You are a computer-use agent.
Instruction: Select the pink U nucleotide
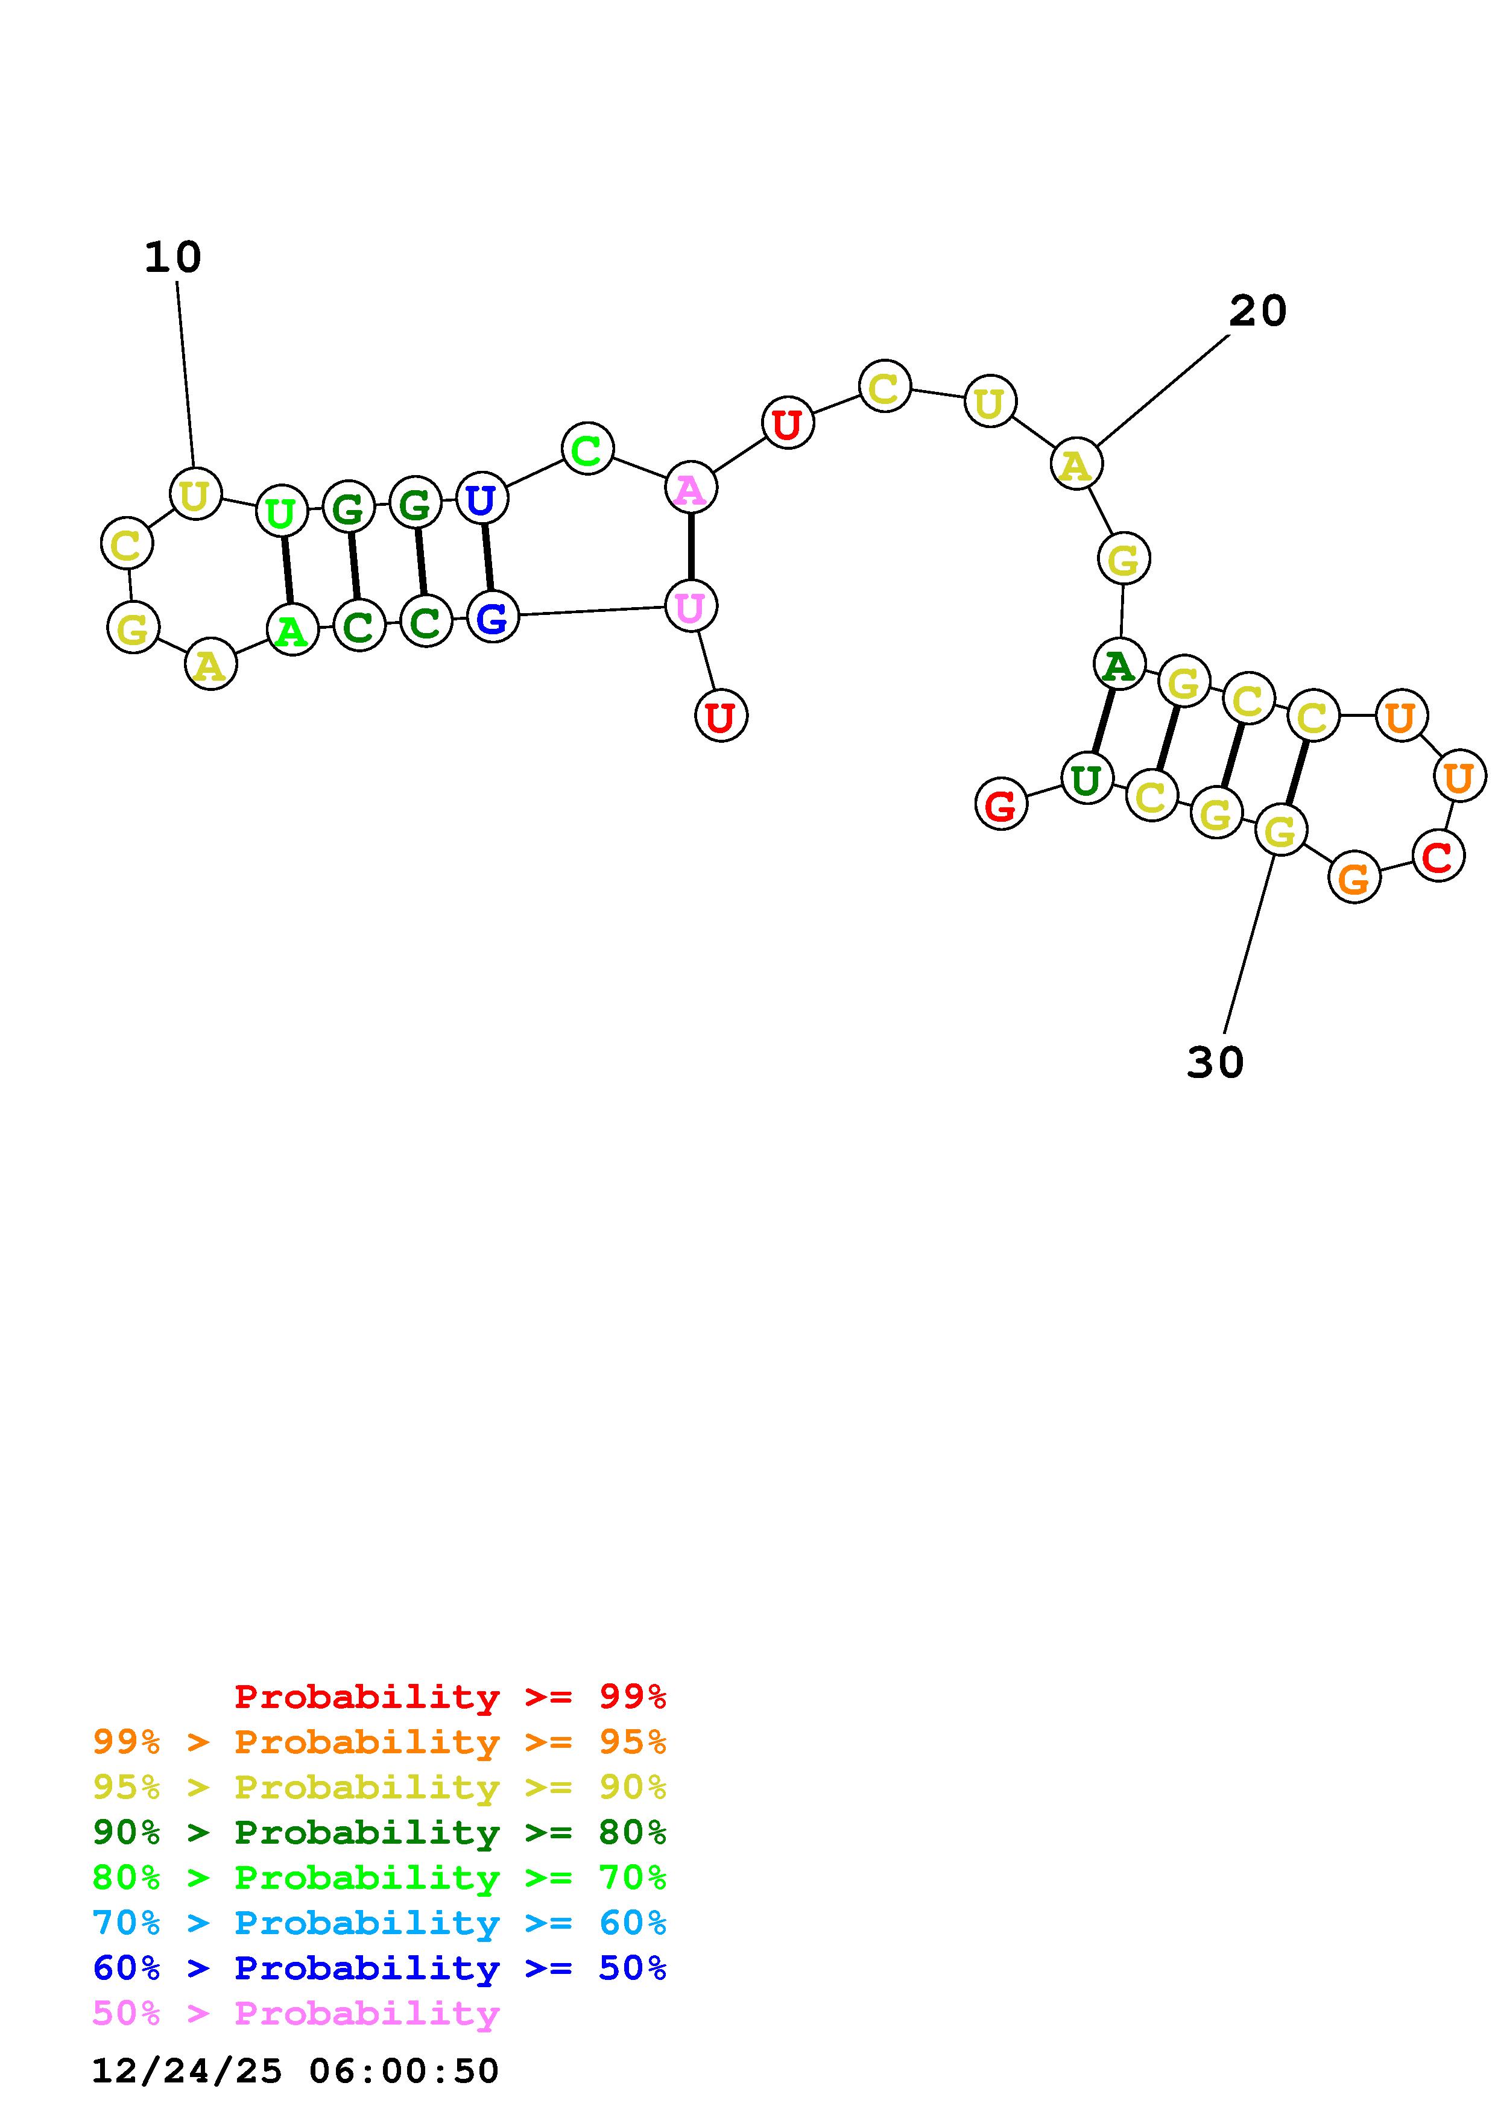(690, 606)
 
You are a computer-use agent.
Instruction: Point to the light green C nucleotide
(587, 450)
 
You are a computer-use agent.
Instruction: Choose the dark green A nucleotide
(1118, 664)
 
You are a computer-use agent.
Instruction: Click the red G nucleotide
(1000, 804)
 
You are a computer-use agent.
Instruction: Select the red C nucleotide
(1438, 856)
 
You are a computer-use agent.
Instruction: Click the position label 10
(172, 258)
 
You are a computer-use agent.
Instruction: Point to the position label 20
(1257, 311)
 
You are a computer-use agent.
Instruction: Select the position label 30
(1215, 1063)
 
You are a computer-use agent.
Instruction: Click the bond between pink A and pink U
(691, 547)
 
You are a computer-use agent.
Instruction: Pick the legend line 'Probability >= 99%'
(450, 1697)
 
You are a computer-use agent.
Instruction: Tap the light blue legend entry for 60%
(379, 1923)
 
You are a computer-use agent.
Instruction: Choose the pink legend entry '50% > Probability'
(296, 2014)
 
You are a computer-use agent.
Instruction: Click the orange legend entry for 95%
(379, 1742)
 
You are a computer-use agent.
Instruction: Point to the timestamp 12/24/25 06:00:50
(295, 2071)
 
